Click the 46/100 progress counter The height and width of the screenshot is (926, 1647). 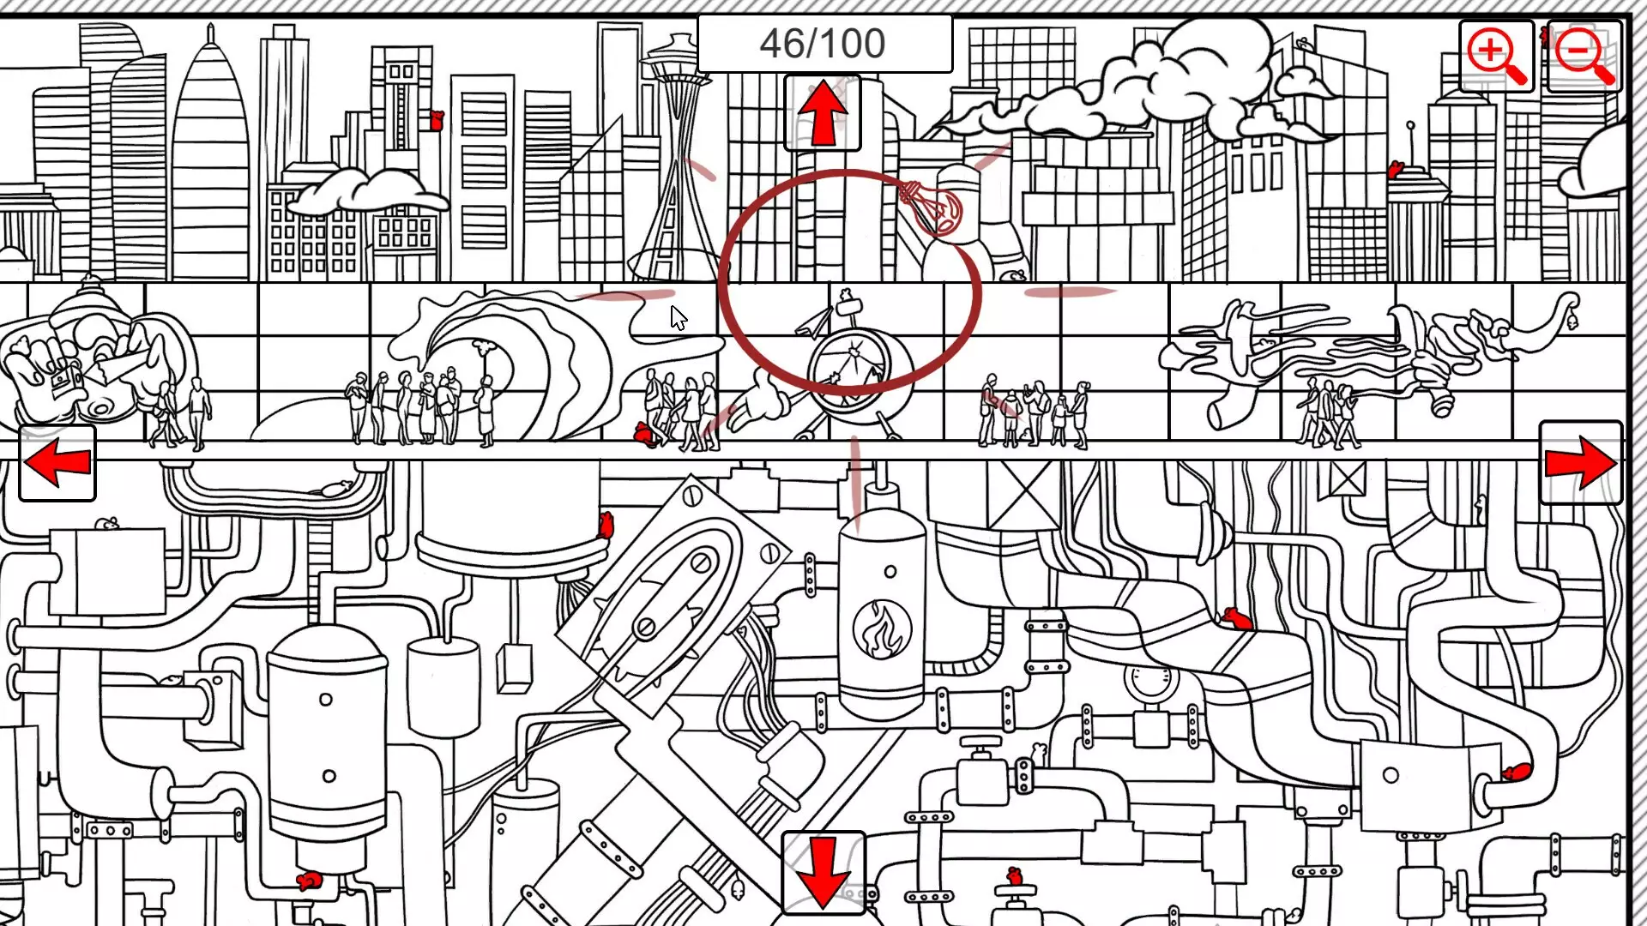tap(823, 43)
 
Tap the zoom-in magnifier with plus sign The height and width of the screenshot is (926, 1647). tap(1496, 56)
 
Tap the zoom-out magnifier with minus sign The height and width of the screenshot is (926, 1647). tap(1584, 56)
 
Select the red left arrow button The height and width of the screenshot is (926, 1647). tap(57, 463)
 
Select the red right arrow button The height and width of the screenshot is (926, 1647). tap(1580, 463)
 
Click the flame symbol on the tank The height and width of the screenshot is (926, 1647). tap(881, 628)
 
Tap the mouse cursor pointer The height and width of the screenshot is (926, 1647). tap(679, 318)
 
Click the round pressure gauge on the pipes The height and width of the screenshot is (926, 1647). tap(1151, 681)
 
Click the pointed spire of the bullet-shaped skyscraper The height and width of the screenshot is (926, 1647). tap(210, 39)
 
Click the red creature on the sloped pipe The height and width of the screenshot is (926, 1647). tap(1238, 618)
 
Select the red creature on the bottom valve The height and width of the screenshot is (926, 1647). tap(1015, 876)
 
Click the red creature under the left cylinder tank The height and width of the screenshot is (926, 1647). tap(308, 880)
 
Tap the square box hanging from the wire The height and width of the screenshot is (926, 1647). tap(514, 668)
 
